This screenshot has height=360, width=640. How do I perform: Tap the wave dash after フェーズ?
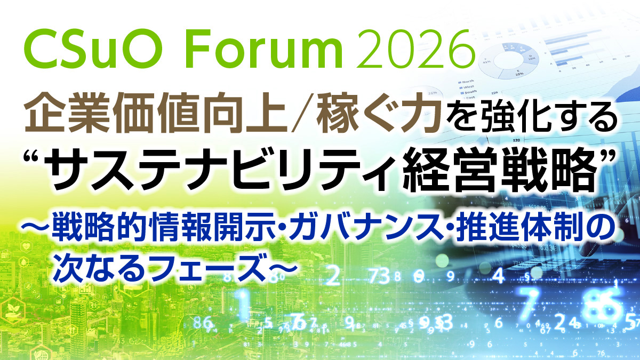[281, 265]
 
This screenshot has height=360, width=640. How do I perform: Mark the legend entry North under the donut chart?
[466, 82]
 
